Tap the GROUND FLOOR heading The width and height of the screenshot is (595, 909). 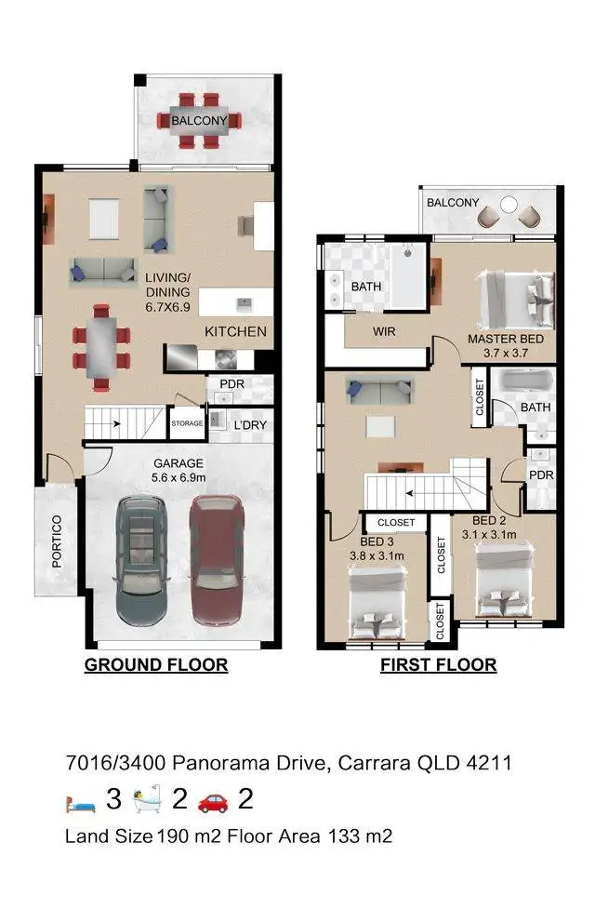pyautogui.click(x=156, y=665)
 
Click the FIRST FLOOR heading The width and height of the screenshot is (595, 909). pyautogui.click(x=438, y=665)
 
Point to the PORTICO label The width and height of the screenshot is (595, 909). pyautogui.click(x=57, y=541)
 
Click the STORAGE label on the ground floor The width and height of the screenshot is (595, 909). pyautogui.click(x=188, y=423)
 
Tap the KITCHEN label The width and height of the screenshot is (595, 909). pyautogui.click(x=235, y=331)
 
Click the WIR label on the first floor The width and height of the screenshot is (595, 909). pyautogui.click(x=385, y=331)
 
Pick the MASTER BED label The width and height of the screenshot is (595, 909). pyautogui.click(x=506, y=339)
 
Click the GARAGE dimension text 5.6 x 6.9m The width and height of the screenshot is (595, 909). pyautogui.click(x=179, y=479)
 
